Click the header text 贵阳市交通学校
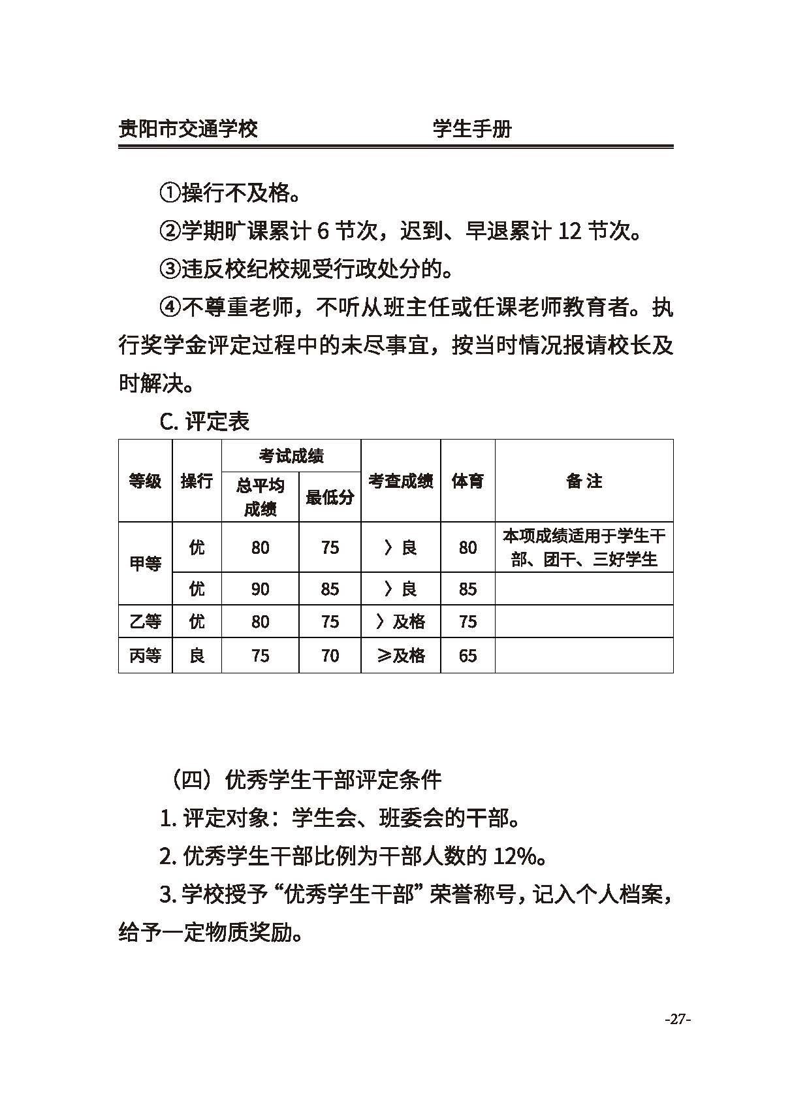pos(188,128)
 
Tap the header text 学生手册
pos(472,128)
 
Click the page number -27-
pos(677,1019)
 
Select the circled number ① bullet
pos(170,193)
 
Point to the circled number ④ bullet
pos(170,308)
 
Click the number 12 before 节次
pos(569,231)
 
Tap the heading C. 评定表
pos(204,421)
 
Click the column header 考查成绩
pos(400,481)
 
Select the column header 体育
pos(467,481)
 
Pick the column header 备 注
pos(584,481)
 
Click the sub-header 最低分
pos(330,498)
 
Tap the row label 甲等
pos(145,564)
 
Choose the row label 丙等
pos(145,655)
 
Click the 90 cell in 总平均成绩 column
pos(260,589)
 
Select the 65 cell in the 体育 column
pos(467,655)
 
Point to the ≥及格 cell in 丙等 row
pos(400,655)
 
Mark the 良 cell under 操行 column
pos(197,655)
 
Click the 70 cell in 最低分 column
pos(330,655)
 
